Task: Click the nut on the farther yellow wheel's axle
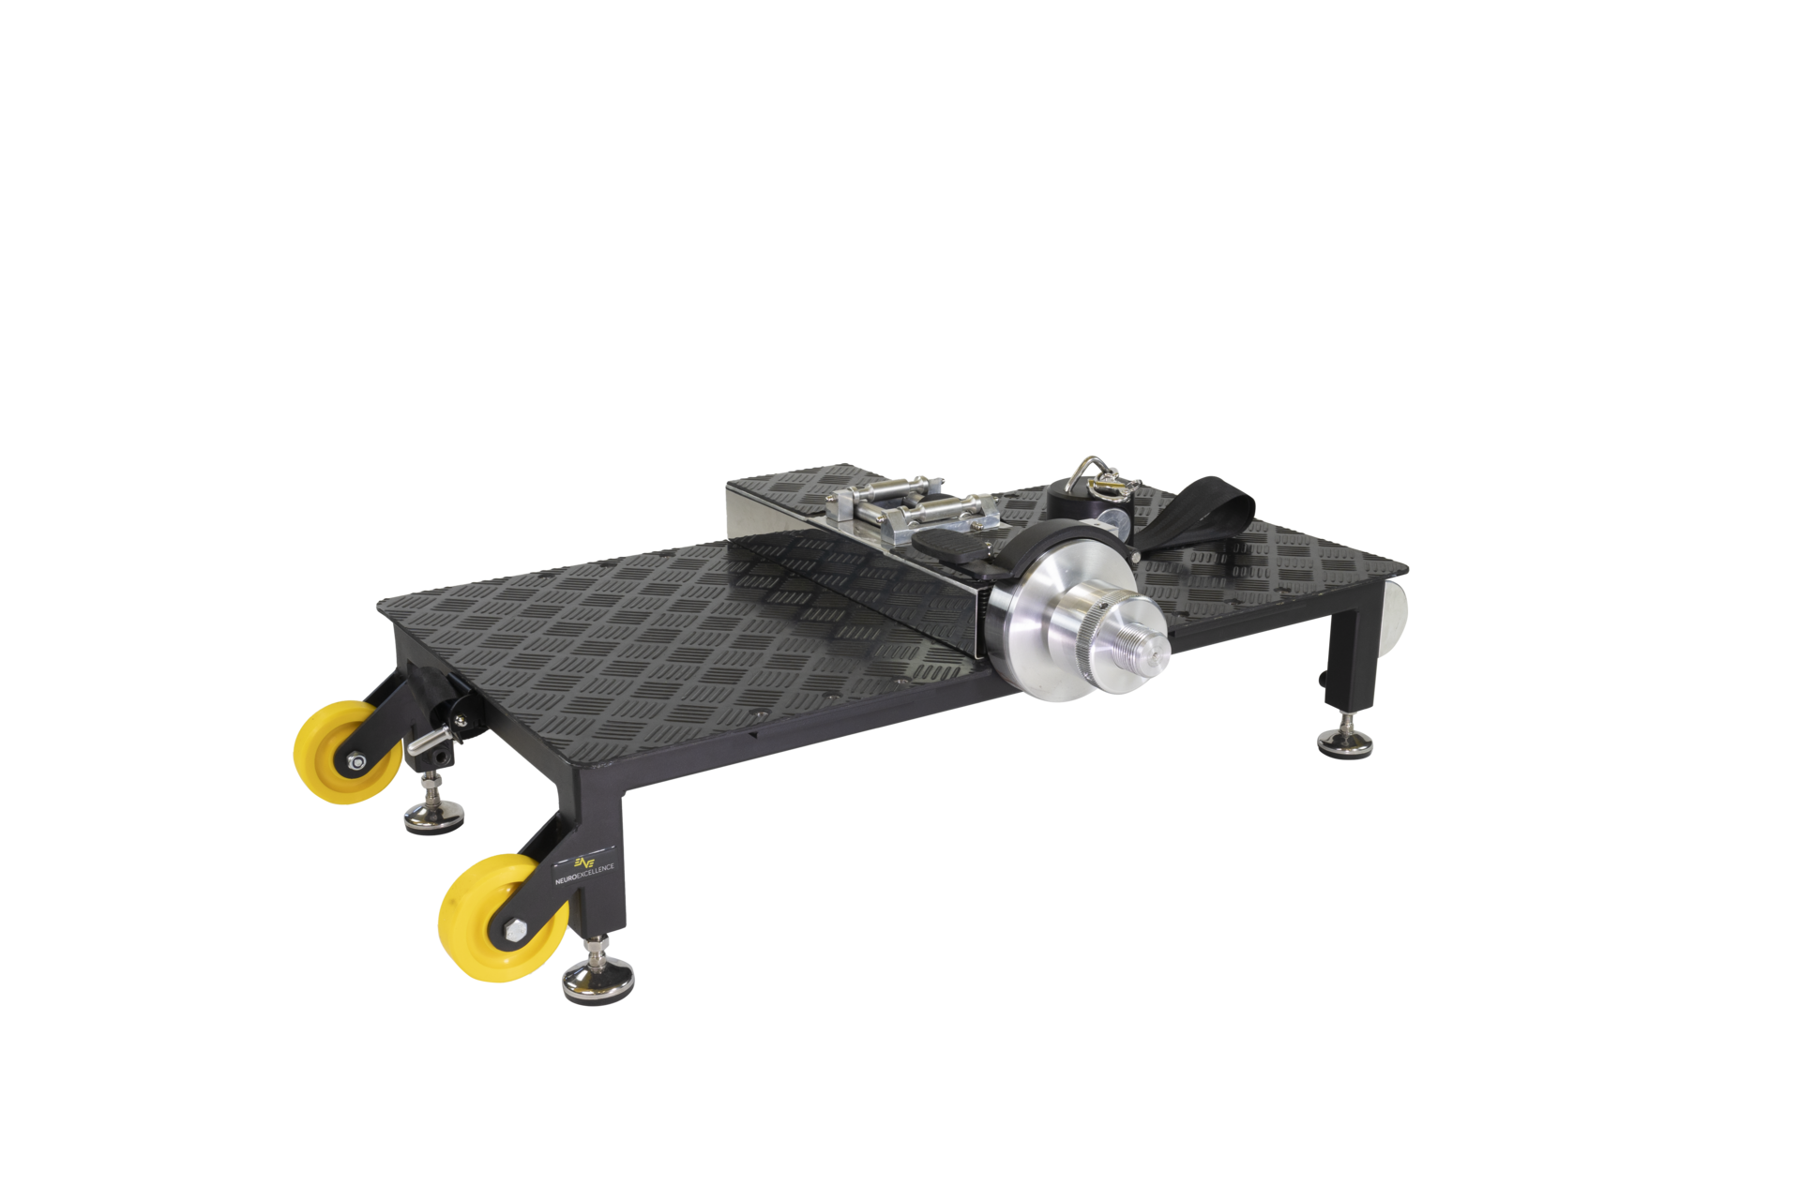click(x=356, y=762)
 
